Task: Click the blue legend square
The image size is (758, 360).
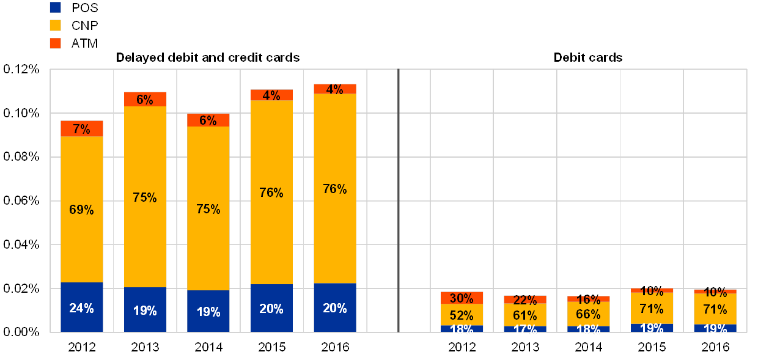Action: (x=55, y=7)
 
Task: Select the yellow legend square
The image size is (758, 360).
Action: (x=55, y=25)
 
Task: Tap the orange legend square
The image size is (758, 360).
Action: (x=55, y=43)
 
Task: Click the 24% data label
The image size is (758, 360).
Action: (x=81, y=309)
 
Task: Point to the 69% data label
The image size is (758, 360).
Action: (x=81, y=210)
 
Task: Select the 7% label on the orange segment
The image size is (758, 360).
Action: (x=81, y=129)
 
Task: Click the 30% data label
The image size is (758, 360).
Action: (x=462, y=298)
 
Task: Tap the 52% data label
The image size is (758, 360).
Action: (x=462, y=315)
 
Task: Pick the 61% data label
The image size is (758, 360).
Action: (x=525, y=315)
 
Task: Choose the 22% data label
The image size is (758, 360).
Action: (x=525, y=300)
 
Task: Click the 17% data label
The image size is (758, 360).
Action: (x=525, y=329)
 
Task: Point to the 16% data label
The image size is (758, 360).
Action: (x=588, y=299)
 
